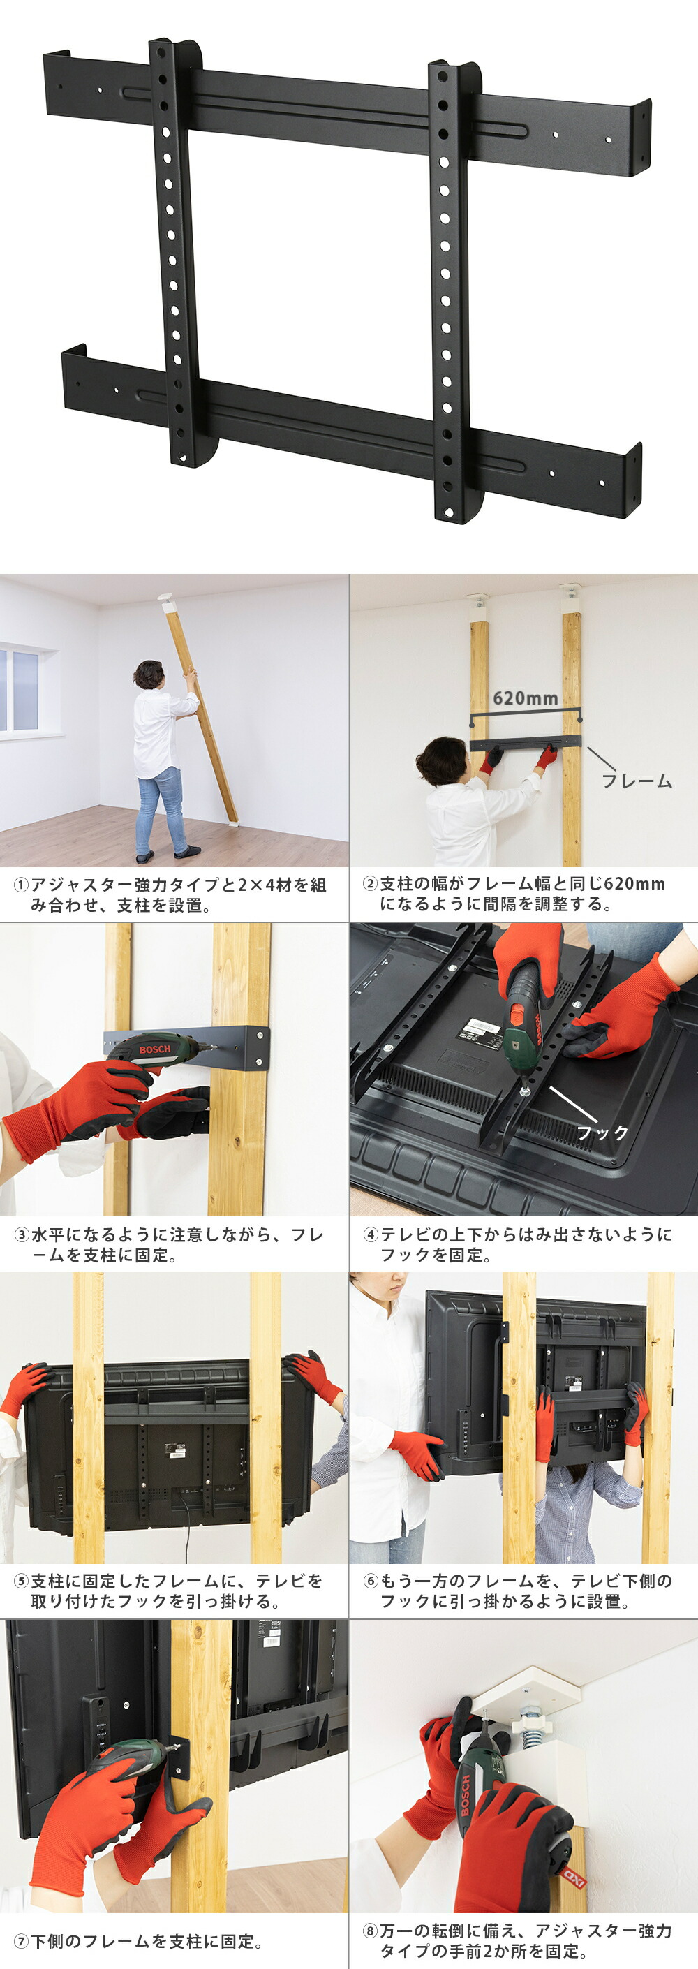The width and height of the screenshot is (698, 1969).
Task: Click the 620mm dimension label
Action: (524, 697)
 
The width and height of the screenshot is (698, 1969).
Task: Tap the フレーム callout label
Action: (637, 781)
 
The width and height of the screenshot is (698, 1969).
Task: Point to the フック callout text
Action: (602, 1132)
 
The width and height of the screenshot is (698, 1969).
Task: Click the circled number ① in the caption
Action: (22, 885)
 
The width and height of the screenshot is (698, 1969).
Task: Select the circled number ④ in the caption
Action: (371, 1234)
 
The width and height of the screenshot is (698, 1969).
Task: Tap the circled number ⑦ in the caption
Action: (22, 1940)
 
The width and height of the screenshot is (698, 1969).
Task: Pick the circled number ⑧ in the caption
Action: (371, 1931)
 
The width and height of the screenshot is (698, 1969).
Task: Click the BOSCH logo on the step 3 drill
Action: (154, 1049)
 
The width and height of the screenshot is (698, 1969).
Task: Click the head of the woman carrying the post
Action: (147, 675)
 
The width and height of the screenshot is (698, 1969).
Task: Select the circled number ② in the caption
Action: (371, 885)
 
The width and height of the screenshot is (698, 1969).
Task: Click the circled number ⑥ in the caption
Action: (371, 1581)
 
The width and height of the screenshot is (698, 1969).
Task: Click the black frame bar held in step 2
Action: (525, 742)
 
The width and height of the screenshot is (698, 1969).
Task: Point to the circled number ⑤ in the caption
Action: (22, 1581)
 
